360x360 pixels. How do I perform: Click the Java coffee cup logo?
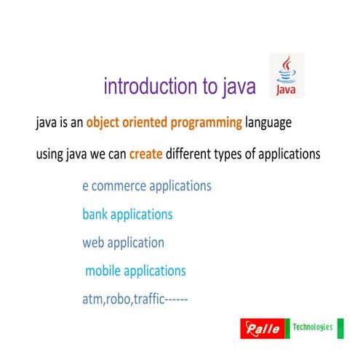click(287, 75)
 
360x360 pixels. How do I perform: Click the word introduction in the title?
click(149, 87)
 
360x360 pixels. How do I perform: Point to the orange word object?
click(105, 123)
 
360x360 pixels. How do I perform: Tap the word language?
click(269, 123)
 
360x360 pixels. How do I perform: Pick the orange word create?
click(145, 154)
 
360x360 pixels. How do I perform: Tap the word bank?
click(95, 215)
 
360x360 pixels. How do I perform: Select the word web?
click(94, 243)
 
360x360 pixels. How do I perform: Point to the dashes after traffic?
click(177, 299)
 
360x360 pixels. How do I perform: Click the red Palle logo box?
click(263, 329)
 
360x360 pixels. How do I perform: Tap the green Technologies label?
click(313, 327)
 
